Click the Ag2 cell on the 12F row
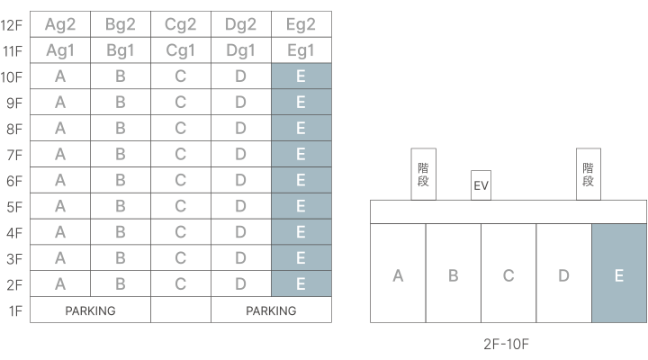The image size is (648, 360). click(x=60, y=24)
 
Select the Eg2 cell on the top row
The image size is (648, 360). click(x=301, y=24)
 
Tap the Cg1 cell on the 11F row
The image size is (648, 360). click(x=181, y=50)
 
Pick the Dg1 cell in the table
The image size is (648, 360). click(x=240, y=50)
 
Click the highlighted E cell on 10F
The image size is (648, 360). click(x=301, y=76)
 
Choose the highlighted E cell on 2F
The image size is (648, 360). click(x=301, y=284)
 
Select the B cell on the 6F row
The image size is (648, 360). click(x=121, y=181)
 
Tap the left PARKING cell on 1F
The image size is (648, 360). click(x=90, y=310)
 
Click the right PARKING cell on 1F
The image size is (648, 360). click(x=271, y=310)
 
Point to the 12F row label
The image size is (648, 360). click(x=12, y=24)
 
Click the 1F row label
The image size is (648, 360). click(x=12, y=310)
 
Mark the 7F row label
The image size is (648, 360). click(x=12, y=155)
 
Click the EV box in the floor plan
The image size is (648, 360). click(x=481, y=186)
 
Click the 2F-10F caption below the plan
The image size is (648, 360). click(x=508, y=344)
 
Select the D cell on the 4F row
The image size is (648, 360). click(x=240, y=233)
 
